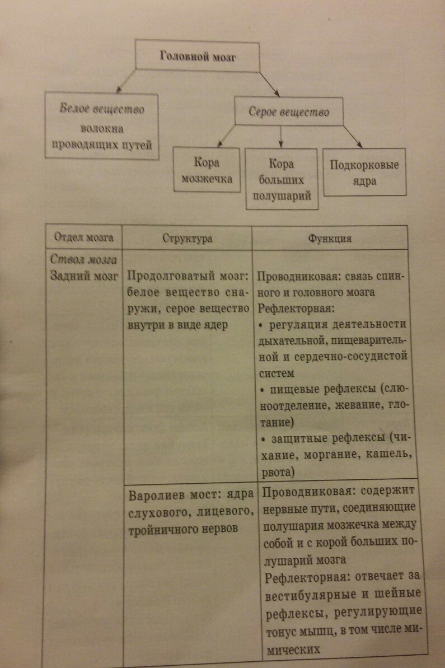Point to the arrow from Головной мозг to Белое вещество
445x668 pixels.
pos(127,81)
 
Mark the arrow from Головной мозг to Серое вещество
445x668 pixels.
pos(269,84)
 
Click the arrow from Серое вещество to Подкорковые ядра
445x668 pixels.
pos(353,136)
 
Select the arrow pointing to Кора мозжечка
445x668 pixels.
pos(226,136)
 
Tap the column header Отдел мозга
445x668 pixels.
pos(84,237)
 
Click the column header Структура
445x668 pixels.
pos(188,238)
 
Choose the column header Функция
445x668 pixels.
pos(330,238)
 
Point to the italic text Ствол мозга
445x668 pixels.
pos(83,259)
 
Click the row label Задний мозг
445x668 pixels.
pos(84,275)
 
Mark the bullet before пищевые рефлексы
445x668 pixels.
pos(263,390)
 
